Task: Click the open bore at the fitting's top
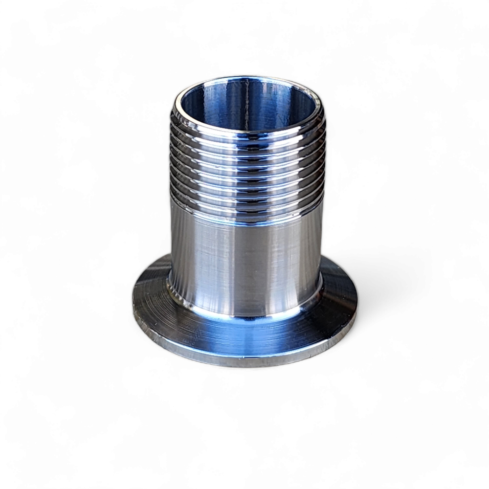coord(247,105)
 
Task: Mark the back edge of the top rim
coord(247,78)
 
